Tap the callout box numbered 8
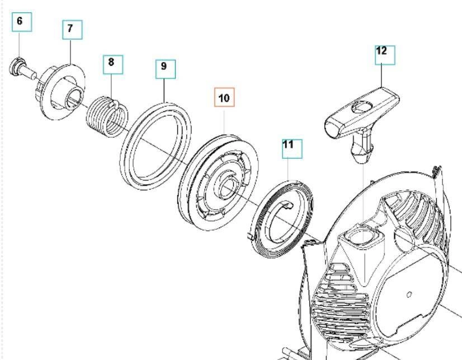click(112, 63)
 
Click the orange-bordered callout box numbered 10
click(224, 98)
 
